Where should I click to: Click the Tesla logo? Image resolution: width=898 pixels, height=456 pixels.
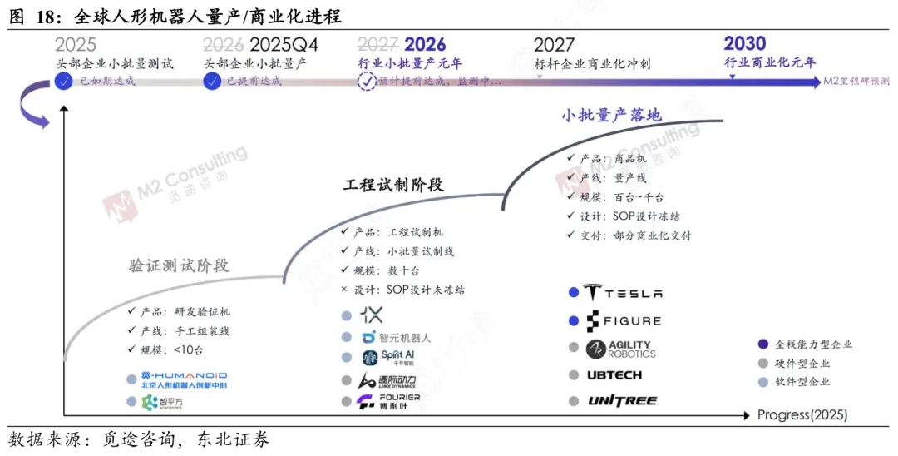coord(623,293)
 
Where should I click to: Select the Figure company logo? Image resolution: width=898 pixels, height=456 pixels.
coord(623,320)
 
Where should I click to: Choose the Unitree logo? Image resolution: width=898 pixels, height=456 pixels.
coord(622,401)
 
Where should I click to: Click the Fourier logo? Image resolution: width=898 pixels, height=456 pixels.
coord(388,403)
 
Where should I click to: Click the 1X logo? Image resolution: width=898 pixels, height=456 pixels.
coord(372,315)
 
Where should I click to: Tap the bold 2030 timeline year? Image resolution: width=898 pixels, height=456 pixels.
coord(744,43)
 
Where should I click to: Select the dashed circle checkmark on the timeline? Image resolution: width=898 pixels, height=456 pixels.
coord(367,82)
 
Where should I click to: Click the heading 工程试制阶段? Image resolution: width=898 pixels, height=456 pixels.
coord(393,185)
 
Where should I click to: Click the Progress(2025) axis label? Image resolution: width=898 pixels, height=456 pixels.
coord(802,414)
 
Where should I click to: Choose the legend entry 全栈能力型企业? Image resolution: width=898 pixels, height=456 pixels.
coord(813,344)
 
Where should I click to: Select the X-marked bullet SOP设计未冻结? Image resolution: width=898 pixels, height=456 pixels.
coord(409,290)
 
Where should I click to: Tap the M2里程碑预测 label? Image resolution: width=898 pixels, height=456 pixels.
coord(856,82)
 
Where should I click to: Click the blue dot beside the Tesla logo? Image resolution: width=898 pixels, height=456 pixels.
coord(573,293)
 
